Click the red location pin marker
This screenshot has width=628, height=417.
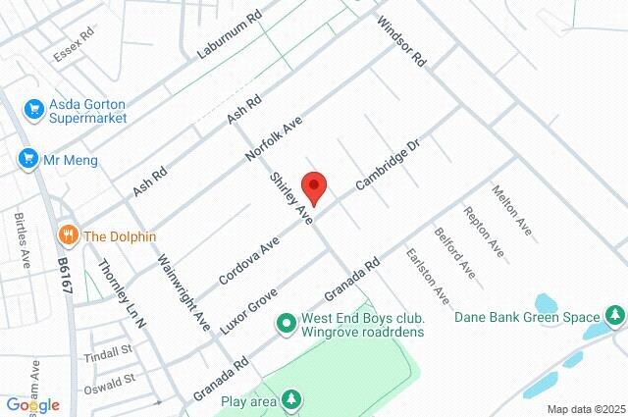coord(313,185)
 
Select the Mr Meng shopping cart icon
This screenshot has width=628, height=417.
coord(27,156)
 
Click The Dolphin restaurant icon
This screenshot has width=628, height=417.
coord(68,235)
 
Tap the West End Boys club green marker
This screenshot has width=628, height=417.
coord(287,321)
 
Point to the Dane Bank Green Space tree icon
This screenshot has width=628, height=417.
coord(614,316)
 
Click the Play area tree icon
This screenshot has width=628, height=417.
coord(290,399)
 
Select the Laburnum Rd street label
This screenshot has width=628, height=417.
coord(230,32)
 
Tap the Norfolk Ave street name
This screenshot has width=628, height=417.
coord(274,140)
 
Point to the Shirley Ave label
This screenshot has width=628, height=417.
coord(290,199)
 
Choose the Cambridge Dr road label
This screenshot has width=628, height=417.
coord(388,164)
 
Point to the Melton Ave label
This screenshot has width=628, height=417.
coord(512,211)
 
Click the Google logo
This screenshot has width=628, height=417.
coord(32,404)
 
